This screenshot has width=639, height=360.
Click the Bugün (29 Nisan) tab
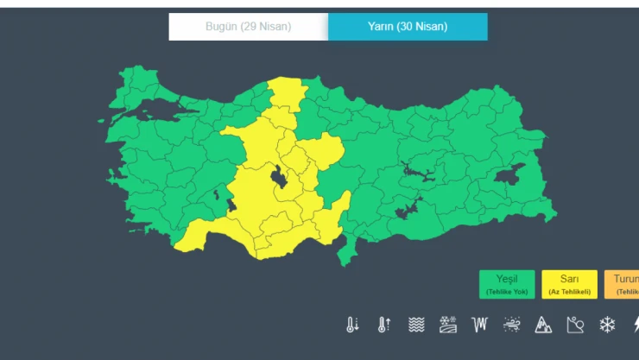pyautogui.click(x=248, y=27)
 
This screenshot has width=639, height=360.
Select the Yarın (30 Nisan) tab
pyautogui.click(x=408, y=27)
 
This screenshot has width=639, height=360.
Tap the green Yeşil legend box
pyautogui.click(x=507, y=284)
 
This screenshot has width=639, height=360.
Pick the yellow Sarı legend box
pyautogui.click(x=569, y=284)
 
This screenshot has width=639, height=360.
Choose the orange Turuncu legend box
pyautogui.click(x=623, y=284)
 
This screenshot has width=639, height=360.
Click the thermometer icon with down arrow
pyautogui.click(x=352, y=325)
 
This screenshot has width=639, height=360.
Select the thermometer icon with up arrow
pyautogui.click(x=383, y=325)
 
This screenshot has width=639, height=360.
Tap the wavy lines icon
pyautogui.click(x=416, y=325)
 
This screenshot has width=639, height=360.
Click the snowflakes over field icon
pyautogui.click(x=447, y=325)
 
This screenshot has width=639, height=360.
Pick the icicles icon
pyautogui.click(x=479, y=325)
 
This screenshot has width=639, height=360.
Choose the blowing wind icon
pyautogui.click(x=511, y=325)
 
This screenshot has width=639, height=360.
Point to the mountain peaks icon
pyautogui.click(x=543, y=325)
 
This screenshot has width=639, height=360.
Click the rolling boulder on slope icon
pyautogui.click(x=576, y=325)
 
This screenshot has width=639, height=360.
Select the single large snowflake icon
pyautogui.click(x=607, y=325)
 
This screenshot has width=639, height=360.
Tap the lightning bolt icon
pyautogui.click(x=635, y=325)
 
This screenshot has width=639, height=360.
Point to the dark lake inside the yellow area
pyautogui.click(x=280, y=177)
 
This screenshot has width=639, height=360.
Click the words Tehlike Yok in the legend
pyautogui.click(x=507, y=292)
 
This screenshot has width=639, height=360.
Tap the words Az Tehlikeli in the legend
pyautogui.click(x=569, y=292)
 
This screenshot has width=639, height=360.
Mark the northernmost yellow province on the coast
pyautogui.click(x=288, y=90)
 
